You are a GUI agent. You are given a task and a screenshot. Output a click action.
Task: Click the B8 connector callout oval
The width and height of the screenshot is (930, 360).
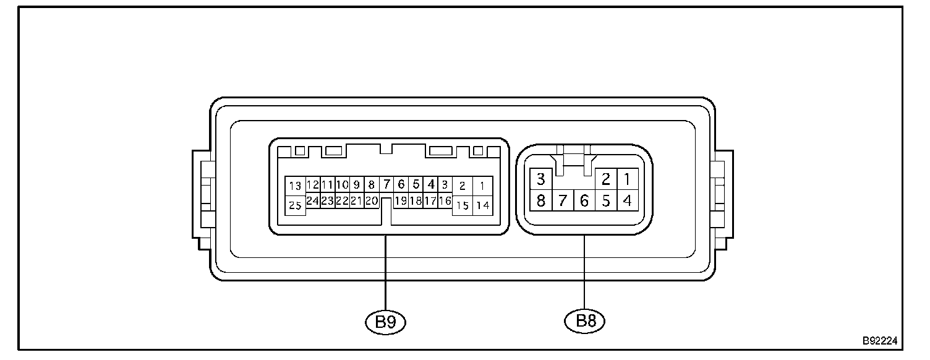click(584, 320)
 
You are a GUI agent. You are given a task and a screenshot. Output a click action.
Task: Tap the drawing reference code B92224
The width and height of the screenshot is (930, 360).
click(880, 341)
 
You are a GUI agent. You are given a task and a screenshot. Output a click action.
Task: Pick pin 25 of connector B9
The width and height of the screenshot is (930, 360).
click(296, 206)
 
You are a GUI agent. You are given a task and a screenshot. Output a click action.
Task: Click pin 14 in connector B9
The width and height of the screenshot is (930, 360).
click(483, 205)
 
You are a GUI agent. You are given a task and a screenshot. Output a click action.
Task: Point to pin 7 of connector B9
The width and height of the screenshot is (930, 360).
click(386, 184)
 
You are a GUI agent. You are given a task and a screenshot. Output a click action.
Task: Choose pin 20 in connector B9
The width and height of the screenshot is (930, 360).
click(372, 200)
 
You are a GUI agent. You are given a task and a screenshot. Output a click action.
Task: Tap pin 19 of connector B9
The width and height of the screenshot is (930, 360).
click(401, 200)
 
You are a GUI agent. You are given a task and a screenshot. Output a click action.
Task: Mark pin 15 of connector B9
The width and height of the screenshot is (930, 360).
click(463, 205)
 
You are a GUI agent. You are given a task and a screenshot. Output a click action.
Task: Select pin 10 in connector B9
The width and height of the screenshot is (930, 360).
click(342, 184)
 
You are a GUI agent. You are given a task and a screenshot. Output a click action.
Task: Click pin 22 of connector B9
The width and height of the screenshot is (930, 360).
click(342, 200)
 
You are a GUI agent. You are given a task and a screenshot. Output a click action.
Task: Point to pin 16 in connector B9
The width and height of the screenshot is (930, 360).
click(445, 200)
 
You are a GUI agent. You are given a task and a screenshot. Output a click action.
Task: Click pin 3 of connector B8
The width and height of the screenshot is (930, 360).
click(541, 179)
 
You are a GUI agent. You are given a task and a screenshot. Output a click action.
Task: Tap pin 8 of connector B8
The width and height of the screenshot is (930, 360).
click(541, 201)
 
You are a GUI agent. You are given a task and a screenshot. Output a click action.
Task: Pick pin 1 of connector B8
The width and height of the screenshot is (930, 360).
click(627, 179)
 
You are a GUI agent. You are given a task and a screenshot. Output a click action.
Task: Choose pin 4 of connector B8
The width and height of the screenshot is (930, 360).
click(627, 201)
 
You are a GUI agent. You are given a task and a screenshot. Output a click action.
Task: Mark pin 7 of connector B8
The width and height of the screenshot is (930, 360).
click(563, 201)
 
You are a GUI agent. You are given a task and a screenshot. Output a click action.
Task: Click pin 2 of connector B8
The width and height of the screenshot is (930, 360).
click(606, 179)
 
